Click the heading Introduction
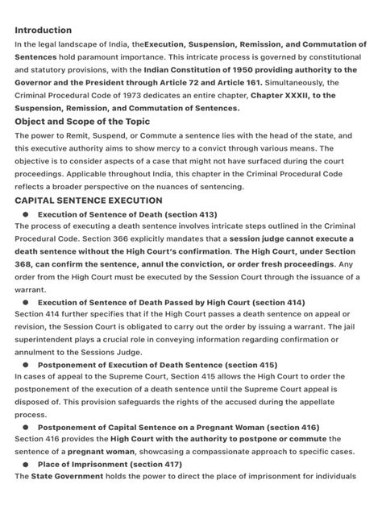43,30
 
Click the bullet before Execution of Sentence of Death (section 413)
26,214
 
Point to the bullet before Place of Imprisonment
26,465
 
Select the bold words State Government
67,477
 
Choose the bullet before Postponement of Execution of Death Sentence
26,365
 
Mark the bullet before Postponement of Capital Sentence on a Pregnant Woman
26,427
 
